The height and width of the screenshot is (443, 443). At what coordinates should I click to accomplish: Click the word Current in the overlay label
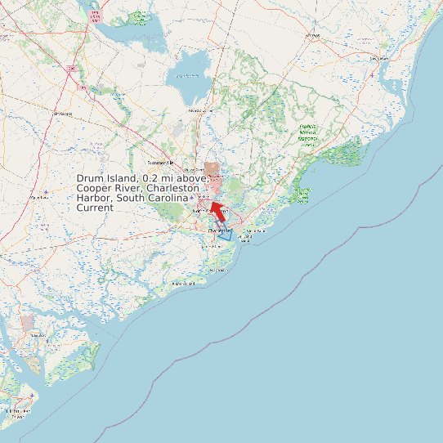pos(95,208)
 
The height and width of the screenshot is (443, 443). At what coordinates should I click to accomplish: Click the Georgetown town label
pos(378,59)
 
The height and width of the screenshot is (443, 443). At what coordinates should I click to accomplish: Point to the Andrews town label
pos(311,37)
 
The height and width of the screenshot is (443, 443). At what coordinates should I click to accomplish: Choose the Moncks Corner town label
pos(199,110)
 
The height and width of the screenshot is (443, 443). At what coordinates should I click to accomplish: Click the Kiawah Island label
pos(184,284)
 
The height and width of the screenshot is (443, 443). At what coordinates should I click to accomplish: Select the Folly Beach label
pos(217,269)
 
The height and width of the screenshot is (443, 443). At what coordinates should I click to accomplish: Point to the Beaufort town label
pos(33,335)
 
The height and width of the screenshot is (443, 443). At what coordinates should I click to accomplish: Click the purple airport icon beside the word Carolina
pos(192,198)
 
